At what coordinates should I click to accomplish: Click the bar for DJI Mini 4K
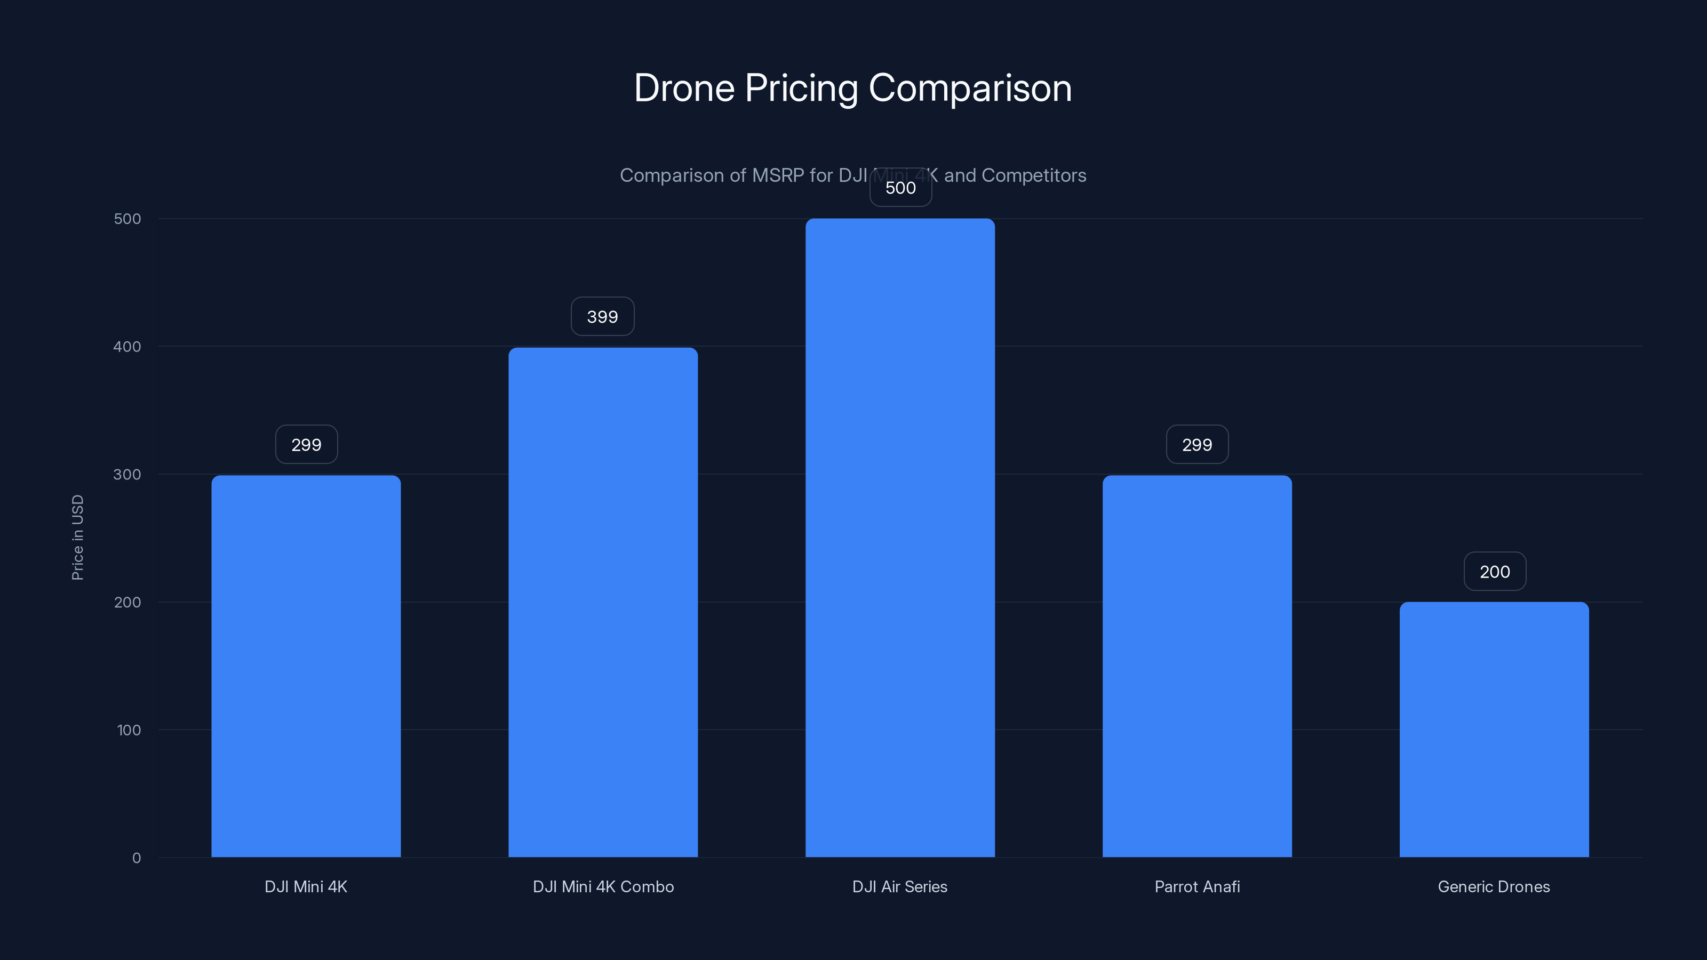click(x=306, y=666)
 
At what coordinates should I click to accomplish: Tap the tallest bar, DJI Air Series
click(x=900, y=537)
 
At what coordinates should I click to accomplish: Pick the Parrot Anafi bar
click(x=1197, y=666)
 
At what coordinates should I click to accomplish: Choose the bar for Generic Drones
click(x=1494, y=729)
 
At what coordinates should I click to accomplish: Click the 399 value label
click(x=602, y=317)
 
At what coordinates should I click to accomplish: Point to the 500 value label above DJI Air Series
click(x=900, y=188)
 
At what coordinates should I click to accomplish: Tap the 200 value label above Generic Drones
click(x=1494, y=572)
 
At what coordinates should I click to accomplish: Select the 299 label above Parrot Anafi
click(x=1197, y=445)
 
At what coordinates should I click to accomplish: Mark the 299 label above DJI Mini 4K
click(x=306, y=445)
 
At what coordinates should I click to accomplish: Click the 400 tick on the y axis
click(x=127, y=347)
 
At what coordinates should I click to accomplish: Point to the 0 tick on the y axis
click(x=137, y=858)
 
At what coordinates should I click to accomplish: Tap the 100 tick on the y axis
click(x=129, y=730)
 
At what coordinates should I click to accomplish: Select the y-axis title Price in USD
click(x=77, y=537)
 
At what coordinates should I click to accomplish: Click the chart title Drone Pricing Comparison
click(x=853, y=87)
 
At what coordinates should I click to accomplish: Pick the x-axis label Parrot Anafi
click(x=1197, y=886)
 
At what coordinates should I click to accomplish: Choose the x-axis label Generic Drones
click(x=1494, y=886)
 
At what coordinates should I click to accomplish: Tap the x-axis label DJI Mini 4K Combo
click(x=603, y=886)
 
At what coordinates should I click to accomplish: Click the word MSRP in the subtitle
click(x=778, y=175)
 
